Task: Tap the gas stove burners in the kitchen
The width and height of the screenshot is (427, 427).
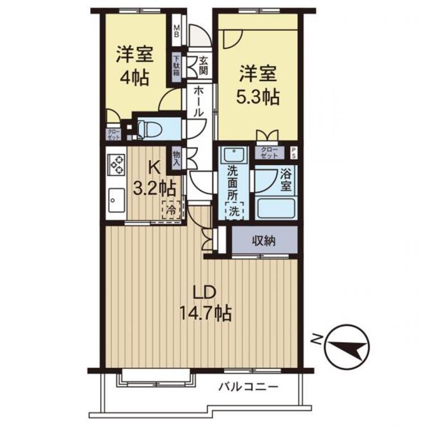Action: click(x=117, y=165)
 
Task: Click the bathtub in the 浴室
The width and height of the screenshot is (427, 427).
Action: click(x=276, y=208)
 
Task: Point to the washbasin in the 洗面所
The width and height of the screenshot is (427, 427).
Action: click(x=233, y=155)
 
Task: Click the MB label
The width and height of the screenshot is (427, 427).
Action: click(x=177, y=31)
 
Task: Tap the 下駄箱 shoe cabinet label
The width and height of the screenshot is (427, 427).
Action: click(x=177, y=65)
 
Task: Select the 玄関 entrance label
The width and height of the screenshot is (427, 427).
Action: click(x=203, y=65)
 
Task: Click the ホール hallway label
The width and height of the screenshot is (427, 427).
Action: click(x=199, y=102)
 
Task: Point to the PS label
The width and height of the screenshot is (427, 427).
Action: click(x=293, y=153)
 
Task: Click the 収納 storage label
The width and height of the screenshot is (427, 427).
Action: click(x=264, y=241)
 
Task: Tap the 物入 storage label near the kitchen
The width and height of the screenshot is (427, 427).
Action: click(x=176, y=159)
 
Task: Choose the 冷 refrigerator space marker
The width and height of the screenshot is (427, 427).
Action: click(x=171, y=210)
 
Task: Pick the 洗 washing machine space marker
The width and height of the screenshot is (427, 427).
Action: click(x=234, y=211)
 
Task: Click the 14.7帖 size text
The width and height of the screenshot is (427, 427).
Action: click(x=206, y=314)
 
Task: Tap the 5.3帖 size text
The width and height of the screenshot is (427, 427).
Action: click(x=257, y=97)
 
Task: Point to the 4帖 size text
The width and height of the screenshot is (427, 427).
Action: click(x=134, y=78)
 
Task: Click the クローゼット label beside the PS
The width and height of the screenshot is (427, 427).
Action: click(x=269, y=153)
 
